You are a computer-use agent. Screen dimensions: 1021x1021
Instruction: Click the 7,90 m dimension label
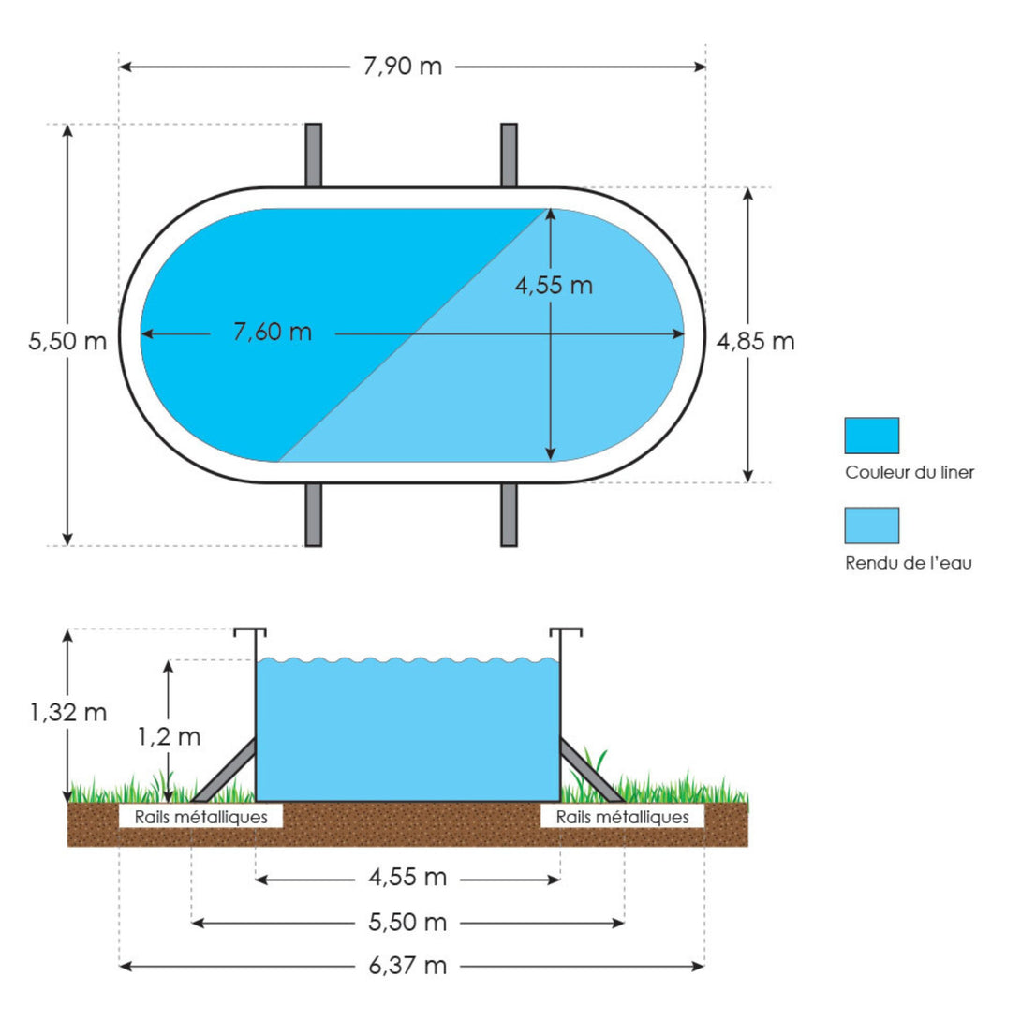point(403,67)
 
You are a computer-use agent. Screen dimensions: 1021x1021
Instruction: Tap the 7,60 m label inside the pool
point(273,333)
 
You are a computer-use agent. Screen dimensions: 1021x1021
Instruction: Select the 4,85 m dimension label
point(755,341)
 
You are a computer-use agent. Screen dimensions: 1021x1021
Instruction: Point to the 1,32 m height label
point(67,712)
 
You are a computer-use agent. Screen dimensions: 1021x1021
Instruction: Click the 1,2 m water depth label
point(169,736)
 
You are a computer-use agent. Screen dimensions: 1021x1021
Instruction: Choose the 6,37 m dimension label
point(407,966)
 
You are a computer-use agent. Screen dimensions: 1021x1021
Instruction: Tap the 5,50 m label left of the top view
point(67,341)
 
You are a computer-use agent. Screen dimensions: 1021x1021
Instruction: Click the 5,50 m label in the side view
point(407,922)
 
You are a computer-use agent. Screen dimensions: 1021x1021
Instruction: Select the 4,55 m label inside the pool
point(554,285)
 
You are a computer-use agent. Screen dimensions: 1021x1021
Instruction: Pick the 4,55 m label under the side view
point(407,878)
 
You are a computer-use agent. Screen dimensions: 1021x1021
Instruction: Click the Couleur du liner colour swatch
point(871,436)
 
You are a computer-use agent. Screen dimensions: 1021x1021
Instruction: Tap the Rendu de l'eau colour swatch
point(871,525)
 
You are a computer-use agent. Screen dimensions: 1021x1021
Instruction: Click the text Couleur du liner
point(910,472)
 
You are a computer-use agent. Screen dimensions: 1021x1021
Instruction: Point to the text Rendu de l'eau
point(909,563)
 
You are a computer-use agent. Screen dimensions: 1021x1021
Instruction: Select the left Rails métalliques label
point(200,817)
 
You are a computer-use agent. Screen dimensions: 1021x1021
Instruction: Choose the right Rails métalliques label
point(623,817)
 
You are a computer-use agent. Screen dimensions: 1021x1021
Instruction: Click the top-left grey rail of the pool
point(313,155)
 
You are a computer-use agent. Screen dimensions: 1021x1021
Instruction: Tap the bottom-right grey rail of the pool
point(510,514)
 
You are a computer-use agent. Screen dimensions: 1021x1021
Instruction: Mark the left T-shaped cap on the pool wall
point(251,631)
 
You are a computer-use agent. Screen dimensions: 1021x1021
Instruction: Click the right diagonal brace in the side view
point(591,769)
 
